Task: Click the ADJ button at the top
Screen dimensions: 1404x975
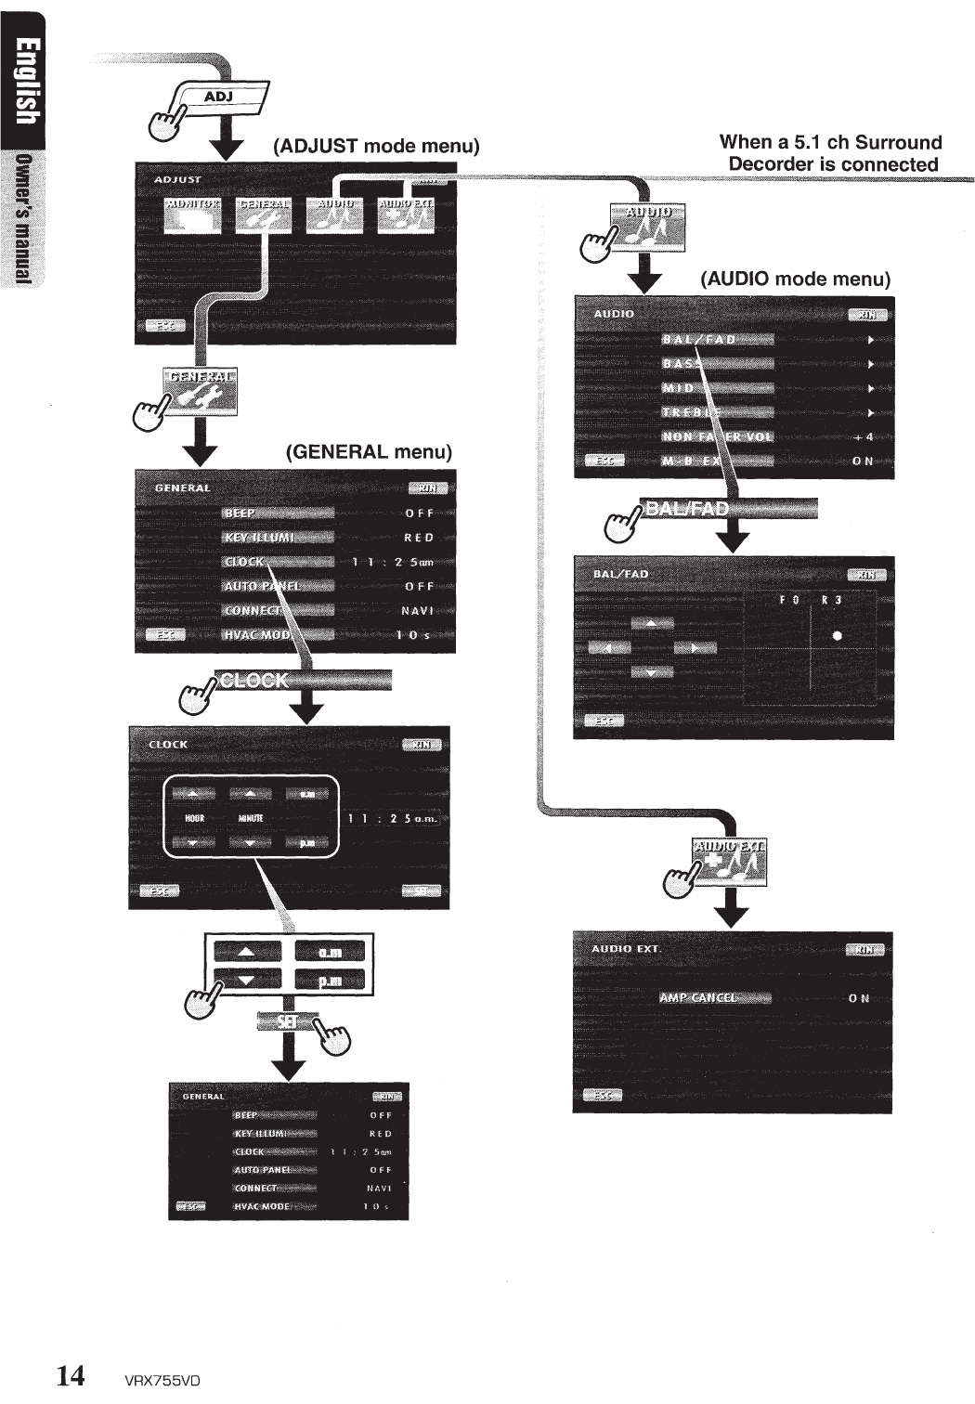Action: (222, 97)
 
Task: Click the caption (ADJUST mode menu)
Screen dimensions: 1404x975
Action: (375, 147)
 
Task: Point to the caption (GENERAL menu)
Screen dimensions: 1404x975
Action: (369, 452)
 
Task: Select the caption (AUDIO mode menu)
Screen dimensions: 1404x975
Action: (795, 279)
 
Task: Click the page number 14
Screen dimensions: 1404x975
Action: (70, 1375)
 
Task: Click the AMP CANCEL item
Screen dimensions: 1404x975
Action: (714, 998)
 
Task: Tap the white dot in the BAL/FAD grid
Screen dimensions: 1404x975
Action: (837, 636)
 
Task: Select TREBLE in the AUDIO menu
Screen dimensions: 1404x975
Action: (716, 412)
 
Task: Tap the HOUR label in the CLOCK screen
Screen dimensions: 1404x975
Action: (194, 818)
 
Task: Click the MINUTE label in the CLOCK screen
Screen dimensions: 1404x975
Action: (251, 818)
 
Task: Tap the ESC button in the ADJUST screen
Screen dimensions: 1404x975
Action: (163, 326)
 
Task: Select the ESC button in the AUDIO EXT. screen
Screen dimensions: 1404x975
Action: (603, 1095)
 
